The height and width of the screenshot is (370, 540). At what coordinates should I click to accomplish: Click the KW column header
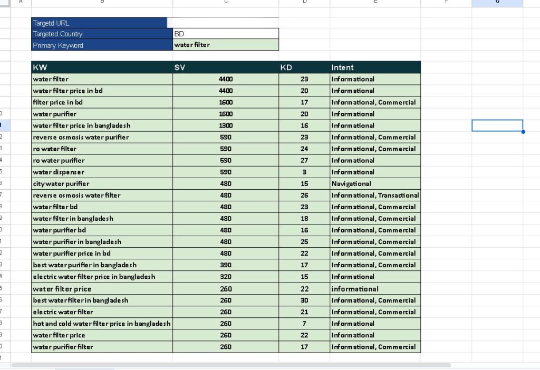(40, 67)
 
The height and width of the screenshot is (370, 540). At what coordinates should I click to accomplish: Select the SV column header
(180, 67)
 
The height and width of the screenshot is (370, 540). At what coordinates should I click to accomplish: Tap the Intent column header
(343, 67)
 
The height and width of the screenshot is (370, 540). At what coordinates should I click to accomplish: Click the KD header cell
(286, 67)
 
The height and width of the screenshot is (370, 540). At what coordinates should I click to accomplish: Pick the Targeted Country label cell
(58, 34)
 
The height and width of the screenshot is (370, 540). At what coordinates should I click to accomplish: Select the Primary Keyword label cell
(58, 45)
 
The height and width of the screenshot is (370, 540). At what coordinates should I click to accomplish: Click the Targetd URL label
(51, 23)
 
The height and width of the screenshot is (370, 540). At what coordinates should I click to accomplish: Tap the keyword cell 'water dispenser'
(59, 172)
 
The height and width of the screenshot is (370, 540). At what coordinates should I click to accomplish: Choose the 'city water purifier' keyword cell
(61, 183)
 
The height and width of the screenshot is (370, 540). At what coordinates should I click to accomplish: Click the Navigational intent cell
(351, 183)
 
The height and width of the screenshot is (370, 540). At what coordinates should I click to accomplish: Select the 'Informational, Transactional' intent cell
(375, 195)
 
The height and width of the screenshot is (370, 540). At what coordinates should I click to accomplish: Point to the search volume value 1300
(226, 125)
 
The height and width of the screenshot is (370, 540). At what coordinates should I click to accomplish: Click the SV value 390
(226, 265)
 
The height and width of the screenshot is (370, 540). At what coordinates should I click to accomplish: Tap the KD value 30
(304, 300)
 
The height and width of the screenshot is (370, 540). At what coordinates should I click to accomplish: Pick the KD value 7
(304, 324)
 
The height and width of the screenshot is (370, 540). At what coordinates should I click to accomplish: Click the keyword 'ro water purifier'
(59, 160)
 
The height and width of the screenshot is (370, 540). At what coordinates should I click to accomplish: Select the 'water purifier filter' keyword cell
(63, 347)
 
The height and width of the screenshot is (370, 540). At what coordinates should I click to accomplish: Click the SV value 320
(226, 276)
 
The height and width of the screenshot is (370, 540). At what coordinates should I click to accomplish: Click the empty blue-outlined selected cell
(497, 125)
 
